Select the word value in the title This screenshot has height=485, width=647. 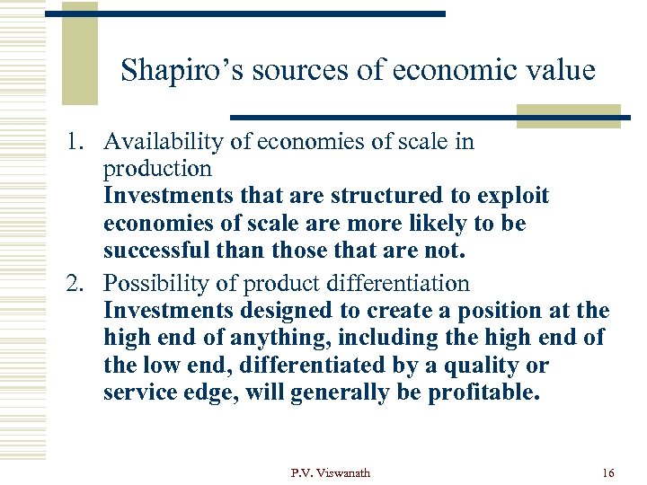point(558,69)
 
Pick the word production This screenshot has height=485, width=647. point(157,169)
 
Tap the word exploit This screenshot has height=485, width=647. point(512,196)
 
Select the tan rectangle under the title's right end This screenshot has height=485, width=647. point(568,115)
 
